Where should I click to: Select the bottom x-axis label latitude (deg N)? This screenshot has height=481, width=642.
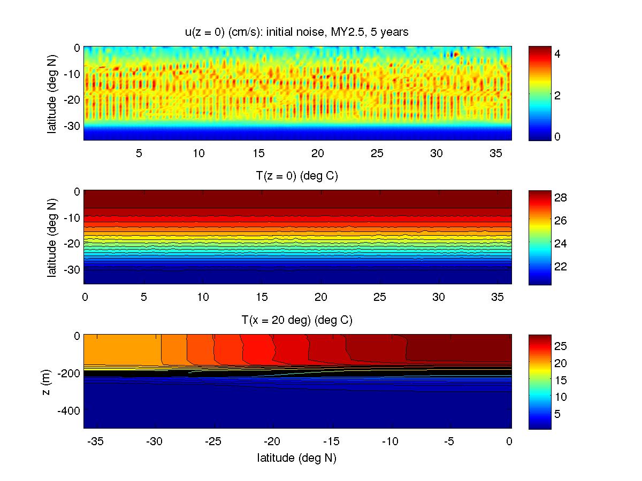[297, 457]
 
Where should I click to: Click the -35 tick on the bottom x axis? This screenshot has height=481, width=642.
[95, 441]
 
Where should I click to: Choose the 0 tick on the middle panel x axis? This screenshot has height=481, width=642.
[84, 297]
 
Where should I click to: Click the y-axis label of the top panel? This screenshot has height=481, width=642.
[52, 94]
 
